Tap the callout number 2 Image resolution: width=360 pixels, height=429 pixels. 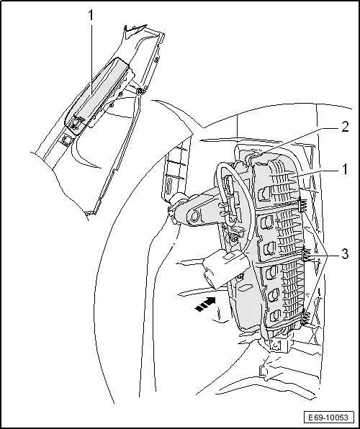tap(345, 127)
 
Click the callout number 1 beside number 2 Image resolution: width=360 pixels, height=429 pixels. tap(345, 170)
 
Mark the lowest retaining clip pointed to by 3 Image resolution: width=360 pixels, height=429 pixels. tap(308, 315)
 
